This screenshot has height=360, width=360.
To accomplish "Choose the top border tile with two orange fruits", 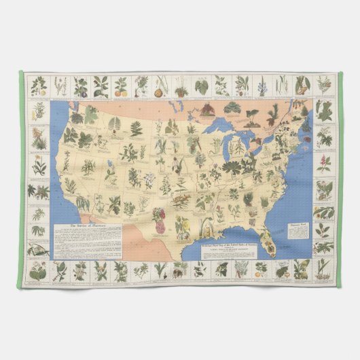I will pos(120,86).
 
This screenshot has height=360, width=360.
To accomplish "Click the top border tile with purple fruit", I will pos(82,86).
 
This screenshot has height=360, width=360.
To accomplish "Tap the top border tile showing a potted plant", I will pos(162,86).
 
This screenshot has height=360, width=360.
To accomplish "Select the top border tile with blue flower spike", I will pos(262,86).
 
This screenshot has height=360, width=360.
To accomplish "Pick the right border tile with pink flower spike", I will pos(324,163).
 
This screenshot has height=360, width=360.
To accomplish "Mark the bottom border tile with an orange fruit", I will pos(261,270).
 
